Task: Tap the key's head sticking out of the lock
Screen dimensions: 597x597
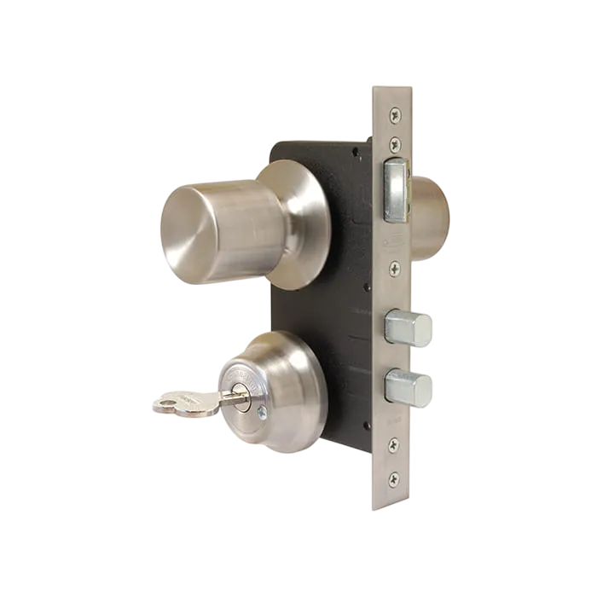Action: (x=181, y=402)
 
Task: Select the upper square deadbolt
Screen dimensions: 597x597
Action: (x=409, y=328)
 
